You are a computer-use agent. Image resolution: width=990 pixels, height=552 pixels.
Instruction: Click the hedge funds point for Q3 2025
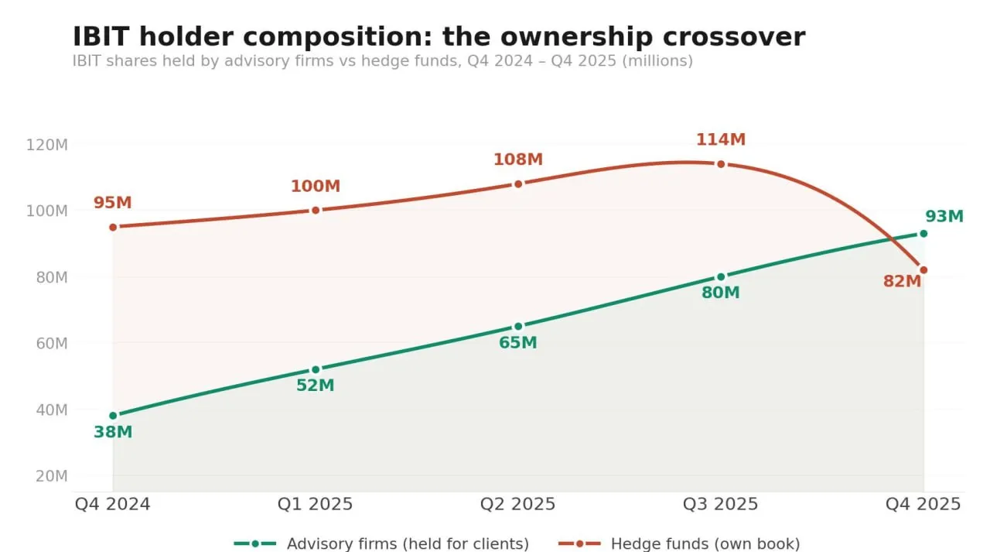721,164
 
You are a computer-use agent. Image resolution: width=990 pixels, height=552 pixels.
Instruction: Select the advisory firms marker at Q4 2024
113,416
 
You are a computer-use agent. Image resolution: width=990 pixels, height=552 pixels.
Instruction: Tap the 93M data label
944,217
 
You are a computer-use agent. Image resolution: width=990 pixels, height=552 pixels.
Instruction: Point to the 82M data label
902,282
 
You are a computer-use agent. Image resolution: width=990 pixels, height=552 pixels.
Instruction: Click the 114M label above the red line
721,140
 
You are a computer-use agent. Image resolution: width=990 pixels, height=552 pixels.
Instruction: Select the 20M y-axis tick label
52,476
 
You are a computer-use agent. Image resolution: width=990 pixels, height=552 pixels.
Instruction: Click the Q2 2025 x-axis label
518,505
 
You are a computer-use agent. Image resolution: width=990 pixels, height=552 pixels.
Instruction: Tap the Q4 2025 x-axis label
923,505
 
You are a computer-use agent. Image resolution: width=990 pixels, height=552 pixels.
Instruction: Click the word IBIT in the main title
101,37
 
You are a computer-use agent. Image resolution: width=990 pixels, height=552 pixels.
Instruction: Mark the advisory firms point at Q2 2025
518,326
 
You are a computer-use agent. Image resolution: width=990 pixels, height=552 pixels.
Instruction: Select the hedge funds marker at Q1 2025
316,210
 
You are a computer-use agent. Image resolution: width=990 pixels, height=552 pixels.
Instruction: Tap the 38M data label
113,433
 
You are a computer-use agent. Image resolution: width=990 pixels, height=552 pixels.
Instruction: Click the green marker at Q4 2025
923,234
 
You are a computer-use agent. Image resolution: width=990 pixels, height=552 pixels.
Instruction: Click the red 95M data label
113,204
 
